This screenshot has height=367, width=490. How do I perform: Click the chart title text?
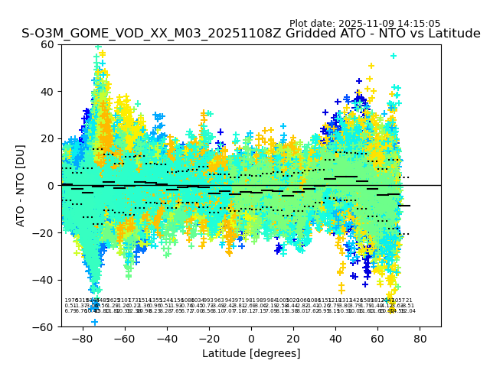(x=251, y=34)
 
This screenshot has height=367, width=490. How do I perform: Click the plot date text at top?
(x=364, y=24)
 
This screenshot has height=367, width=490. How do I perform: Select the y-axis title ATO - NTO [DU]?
(x=21, y=186)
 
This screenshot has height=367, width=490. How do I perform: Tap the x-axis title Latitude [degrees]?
(x=251, y=353)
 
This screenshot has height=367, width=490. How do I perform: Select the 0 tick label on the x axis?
(x=251, y=338)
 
